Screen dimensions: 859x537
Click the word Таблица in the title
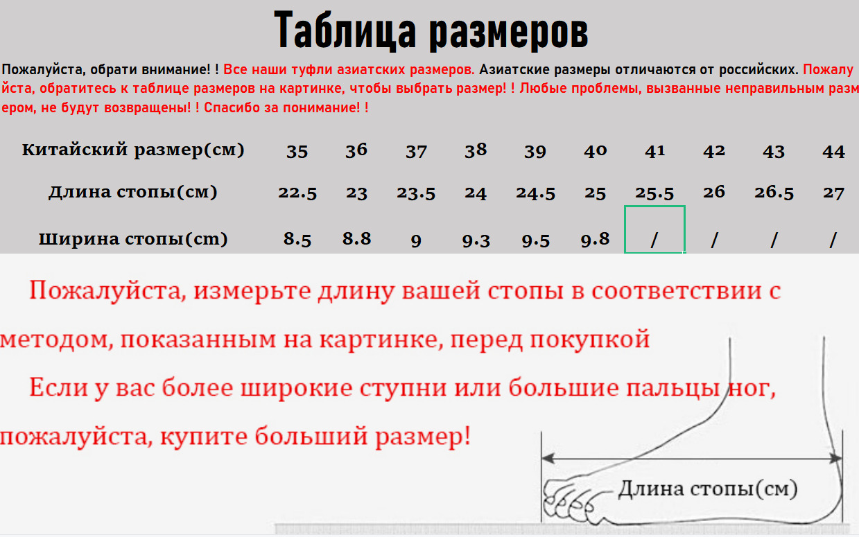point(345,30)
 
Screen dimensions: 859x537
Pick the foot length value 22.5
point(297,193)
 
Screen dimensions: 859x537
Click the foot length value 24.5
point(535,193)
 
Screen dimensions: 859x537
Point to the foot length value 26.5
point(774,193)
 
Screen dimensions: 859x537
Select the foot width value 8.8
point(356,238)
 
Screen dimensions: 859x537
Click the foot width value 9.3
point(476,240)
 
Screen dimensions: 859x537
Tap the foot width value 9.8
point(595,240)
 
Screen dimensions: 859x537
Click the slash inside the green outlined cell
point(654,240)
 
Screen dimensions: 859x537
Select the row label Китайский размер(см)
point(133,150)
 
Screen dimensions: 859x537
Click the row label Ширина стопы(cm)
point(133,239)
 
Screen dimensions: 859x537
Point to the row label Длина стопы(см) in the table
point(133,192)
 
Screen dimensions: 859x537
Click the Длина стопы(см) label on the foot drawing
point(708,488)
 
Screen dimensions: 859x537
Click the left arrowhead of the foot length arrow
point(548,458)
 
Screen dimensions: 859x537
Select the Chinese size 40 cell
point(595,150)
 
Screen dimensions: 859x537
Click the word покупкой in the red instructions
point(590,340)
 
